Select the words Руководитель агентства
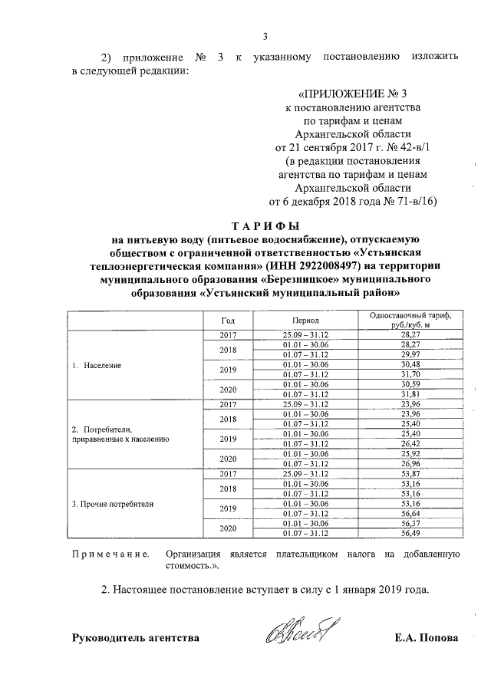pyautogui.click(x=135, y=638)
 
